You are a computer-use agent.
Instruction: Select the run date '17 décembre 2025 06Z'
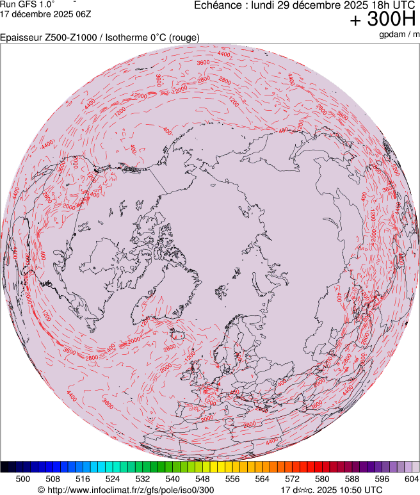coord(44,14)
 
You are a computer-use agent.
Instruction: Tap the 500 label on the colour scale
coord(23,478)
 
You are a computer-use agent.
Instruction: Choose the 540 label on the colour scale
coord(173,478)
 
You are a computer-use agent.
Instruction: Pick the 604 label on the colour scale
coord(412,478)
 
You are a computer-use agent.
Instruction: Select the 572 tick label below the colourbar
coord(293,478)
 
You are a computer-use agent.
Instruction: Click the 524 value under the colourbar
coord(113,478)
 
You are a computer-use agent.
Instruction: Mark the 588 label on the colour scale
coord(352,478)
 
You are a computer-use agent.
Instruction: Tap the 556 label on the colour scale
coord(232,478)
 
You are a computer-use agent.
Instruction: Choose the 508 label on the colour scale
coord(53,478)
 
